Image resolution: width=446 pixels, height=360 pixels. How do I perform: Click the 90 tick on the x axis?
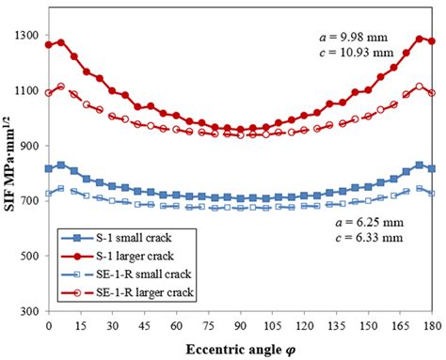click(241, 325)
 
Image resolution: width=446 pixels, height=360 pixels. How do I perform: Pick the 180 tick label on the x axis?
click(431, 325)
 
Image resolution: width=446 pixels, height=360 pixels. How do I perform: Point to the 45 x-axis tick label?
click(145, 325)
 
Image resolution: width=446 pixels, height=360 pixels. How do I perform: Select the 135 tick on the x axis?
click(336, 325)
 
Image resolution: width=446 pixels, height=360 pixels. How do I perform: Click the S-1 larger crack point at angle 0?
click(49, 44)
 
